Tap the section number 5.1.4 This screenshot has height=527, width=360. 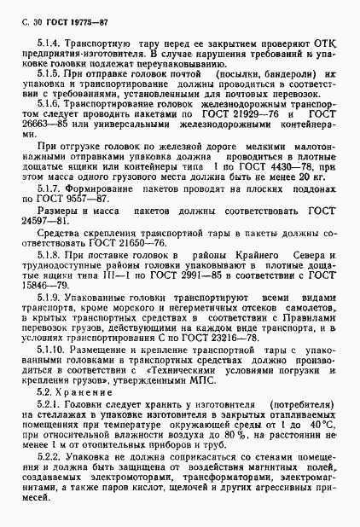pos(50,40)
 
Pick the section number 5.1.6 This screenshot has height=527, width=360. pos(50,124)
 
